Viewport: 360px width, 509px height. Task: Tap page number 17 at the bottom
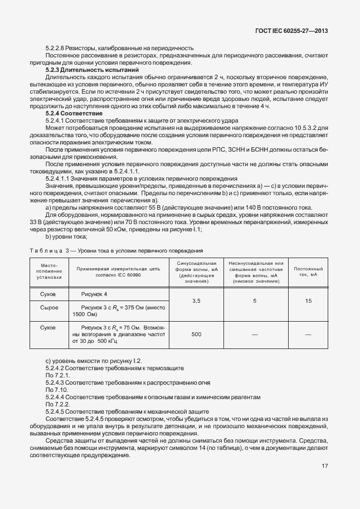pyautogui.click(x=324, y=467)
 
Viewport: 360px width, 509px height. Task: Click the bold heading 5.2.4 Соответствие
pyautogui.click(x=74, y=113)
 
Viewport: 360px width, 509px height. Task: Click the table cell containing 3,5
pyautogui.click(x=196, y=301)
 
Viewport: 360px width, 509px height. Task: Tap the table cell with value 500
pyautogui.click(x=196, y=334)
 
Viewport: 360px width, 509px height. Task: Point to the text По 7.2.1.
pyautogui.click(x=57, y=376)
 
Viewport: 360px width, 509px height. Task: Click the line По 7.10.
pyautogui.click(x=56, y=390)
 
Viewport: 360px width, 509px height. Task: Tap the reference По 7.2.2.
pyautogui.click(x=57, y=404)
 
